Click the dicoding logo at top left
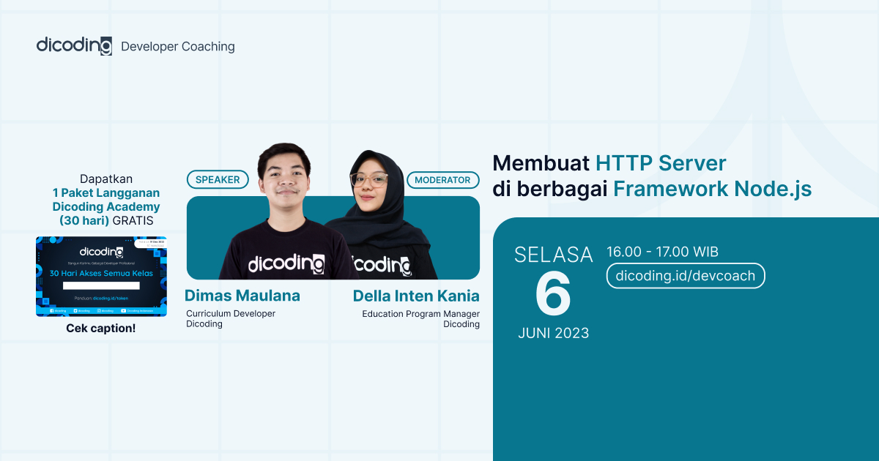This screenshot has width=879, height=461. tap(74, 45)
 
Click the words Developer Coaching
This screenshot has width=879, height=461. tap(177, 47)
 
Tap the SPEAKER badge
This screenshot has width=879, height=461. tap(218, 179)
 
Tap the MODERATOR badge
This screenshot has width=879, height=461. tap(443, 179)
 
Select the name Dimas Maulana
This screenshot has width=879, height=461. tap(242, 296)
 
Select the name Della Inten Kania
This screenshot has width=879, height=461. tap(416, 296)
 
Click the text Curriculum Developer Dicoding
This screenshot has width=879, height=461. tap(230, 318)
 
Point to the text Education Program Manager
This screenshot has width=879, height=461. tap(420, 314)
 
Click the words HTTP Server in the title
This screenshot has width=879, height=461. tap(661, 162)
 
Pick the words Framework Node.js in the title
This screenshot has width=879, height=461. tap(712, 189)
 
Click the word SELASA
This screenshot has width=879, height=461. tap(553, 255)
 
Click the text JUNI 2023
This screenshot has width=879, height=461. tap(553, 333)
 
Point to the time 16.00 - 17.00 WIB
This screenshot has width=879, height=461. tap(662, 252)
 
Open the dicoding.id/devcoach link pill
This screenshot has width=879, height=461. tap(686, 276)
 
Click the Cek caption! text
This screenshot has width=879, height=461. tap(101, 329)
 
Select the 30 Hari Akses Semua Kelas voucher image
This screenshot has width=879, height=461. tap(101, 276)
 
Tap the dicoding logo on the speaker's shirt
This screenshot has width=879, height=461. tap(286, 263)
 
